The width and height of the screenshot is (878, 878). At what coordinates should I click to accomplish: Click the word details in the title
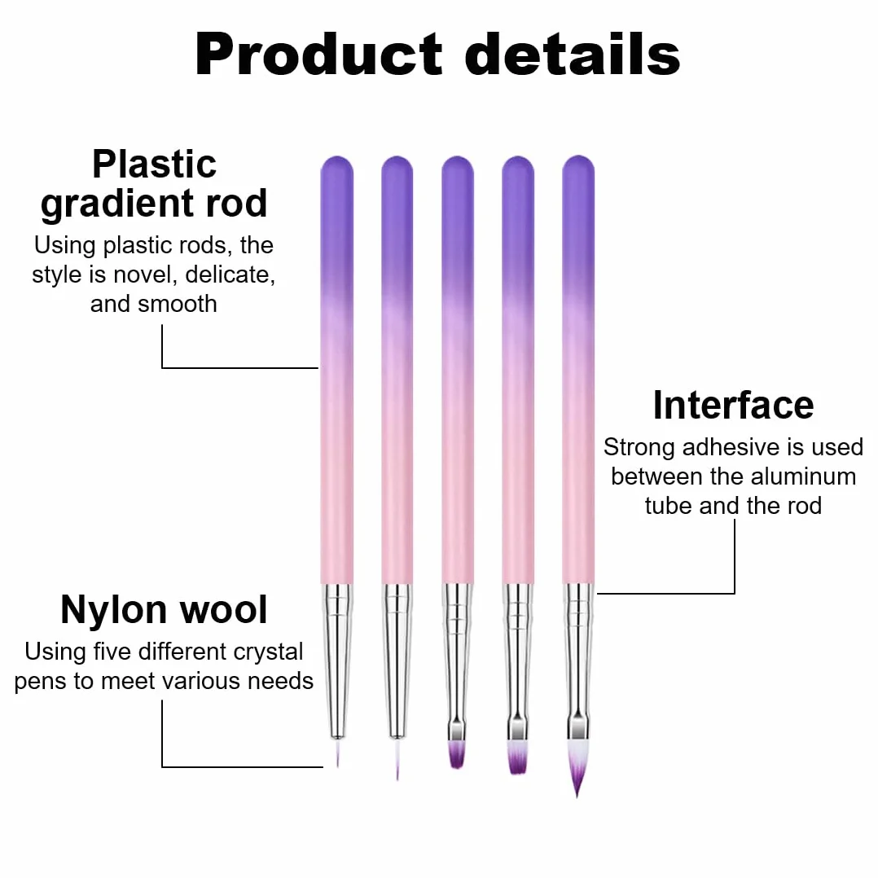point(573,55)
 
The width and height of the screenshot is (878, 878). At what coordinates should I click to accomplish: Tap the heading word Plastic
point(155,164)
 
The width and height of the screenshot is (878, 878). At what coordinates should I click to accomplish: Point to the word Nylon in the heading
point(113,610)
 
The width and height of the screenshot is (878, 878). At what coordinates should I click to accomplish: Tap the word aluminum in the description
point(803,476)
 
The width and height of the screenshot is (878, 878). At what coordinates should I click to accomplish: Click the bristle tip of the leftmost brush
point(337,753)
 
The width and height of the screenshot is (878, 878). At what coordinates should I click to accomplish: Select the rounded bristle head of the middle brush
point(457,754)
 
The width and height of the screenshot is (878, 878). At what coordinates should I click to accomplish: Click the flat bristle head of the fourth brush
point(517,757)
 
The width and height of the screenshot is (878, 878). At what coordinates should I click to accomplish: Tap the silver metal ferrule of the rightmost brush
point(578,661)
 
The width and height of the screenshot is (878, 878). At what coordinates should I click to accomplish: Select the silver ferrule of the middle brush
point(457,661)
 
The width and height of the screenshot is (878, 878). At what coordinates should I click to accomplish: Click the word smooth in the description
point(177,304)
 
